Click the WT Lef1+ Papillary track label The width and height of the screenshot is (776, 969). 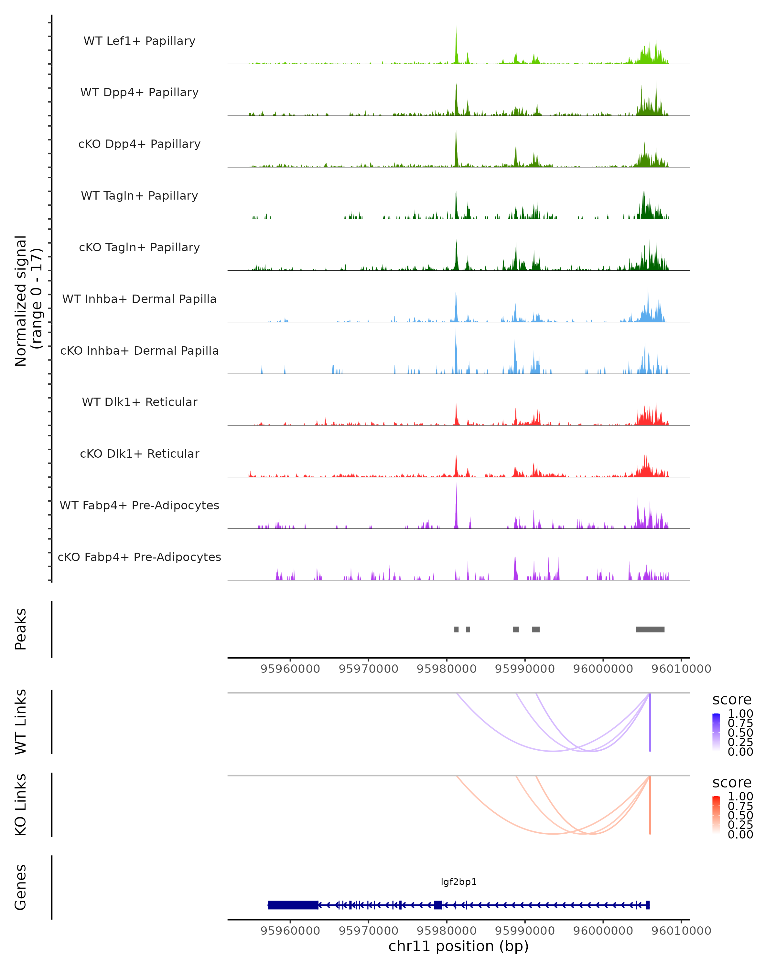pos(139,41)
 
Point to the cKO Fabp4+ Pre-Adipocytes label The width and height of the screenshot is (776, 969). pos(139,557)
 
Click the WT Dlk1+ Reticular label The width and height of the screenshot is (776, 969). pos(139,402)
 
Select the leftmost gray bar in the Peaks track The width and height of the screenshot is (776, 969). pos(456,630)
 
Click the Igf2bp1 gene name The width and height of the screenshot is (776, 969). pos(458,882)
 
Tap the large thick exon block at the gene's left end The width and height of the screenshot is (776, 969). pos(293,905)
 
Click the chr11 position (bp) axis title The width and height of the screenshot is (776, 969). pos(458,946)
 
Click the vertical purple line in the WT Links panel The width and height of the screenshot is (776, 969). pos(650,724)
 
